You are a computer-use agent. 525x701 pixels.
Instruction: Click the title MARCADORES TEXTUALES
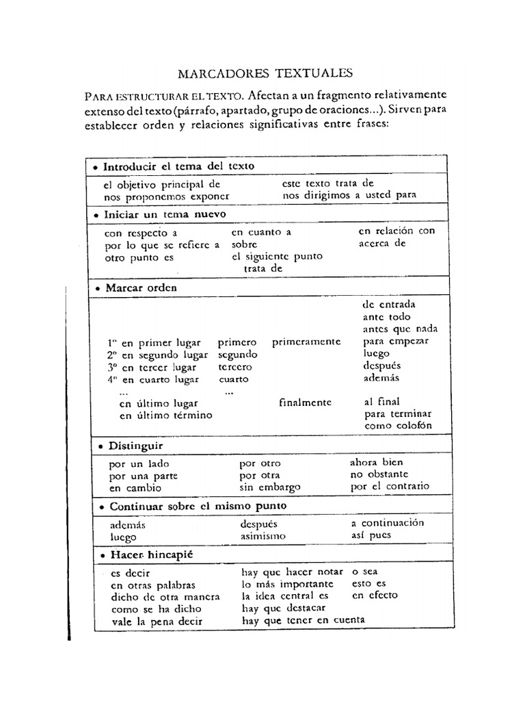click(x=265, y=73)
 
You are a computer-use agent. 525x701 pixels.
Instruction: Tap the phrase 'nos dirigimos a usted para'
click(x=349, y=194)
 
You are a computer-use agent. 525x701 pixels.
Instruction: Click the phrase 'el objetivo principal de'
click(x=162, y=184)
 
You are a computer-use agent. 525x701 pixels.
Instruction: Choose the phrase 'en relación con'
click(x=396, y=231)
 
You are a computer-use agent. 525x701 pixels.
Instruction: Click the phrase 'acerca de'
click(x=382, y=242)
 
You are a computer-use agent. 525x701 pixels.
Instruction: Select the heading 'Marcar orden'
click(x=141, y=288)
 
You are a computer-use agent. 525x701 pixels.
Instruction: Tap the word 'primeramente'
click(x=306, y=342)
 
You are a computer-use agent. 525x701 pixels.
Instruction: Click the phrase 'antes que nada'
click(x=400, y=329)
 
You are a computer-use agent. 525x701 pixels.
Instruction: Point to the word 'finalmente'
click(x=306, y=403)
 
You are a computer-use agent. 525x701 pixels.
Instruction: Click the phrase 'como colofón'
click(x=399, y=426)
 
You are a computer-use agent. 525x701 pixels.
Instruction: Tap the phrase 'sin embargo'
click(x=270, y=487)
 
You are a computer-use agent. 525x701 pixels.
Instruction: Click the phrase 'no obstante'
click(x=379, y=474)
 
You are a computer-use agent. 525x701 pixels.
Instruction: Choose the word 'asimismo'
click(x=263, y=536)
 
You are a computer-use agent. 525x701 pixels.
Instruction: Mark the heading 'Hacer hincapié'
click(x=147, y=555)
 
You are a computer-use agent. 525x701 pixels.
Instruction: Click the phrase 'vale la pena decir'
click(x=157, y=622)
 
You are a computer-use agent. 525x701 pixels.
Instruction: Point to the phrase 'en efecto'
click(x=374, y=596)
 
